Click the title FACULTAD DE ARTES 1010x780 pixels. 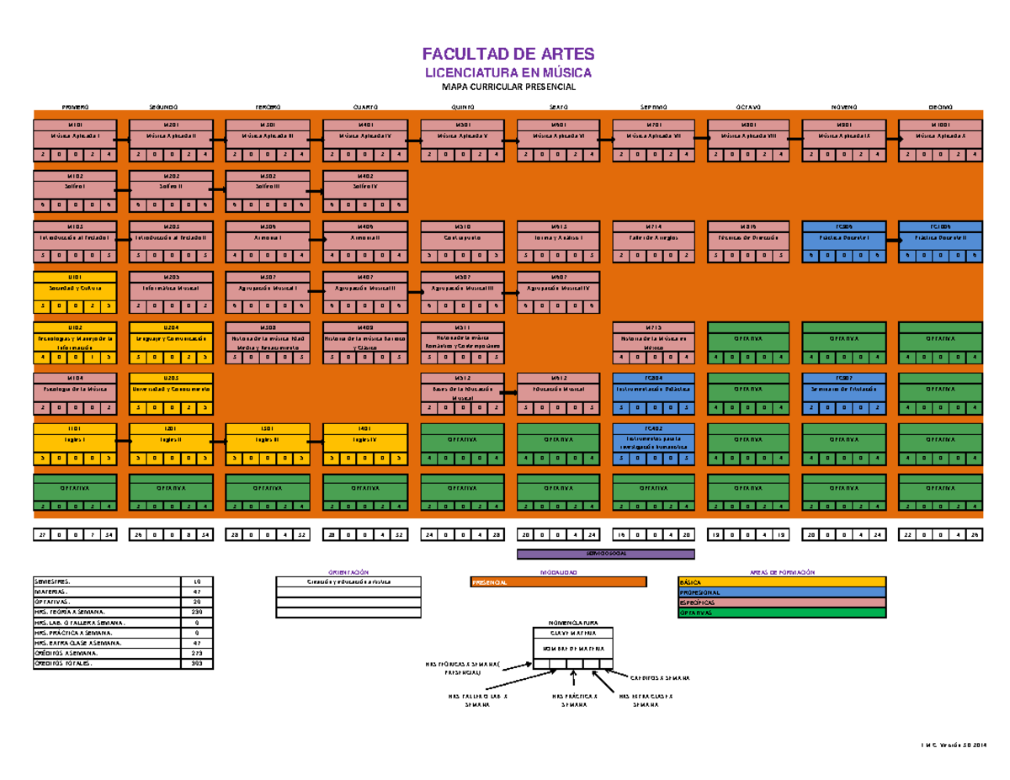[x=506, y=56]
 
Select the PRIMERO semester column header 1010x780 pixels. [x=75, y=108]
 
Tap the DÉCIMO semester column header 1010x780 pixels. [x=940, y=108]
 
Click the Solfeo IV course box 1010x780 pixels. [x=365, y=191]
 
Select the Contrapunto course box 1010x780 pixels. [x=461, y=241]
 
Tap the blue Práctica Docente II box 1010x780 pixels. [x=940, y=241]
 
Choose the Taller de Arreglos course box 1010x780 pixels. [x=653, y=241]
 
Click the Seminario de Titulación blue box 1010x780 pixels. [x=844, y=393]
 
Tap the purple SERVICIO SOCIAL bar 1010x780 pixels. [x=605, y=554]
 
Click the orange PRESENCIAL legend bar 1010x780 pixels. [x=558, y=582]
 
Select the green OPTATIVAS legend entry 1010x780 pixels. [x=782, y=613]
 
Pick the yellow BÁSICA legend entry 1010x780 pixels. [x=782, y=582]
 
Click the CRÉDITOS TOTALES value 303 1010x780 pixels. [x=197, y=664]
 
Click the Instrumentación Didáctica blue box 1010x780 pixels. [x=653, y=393]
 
